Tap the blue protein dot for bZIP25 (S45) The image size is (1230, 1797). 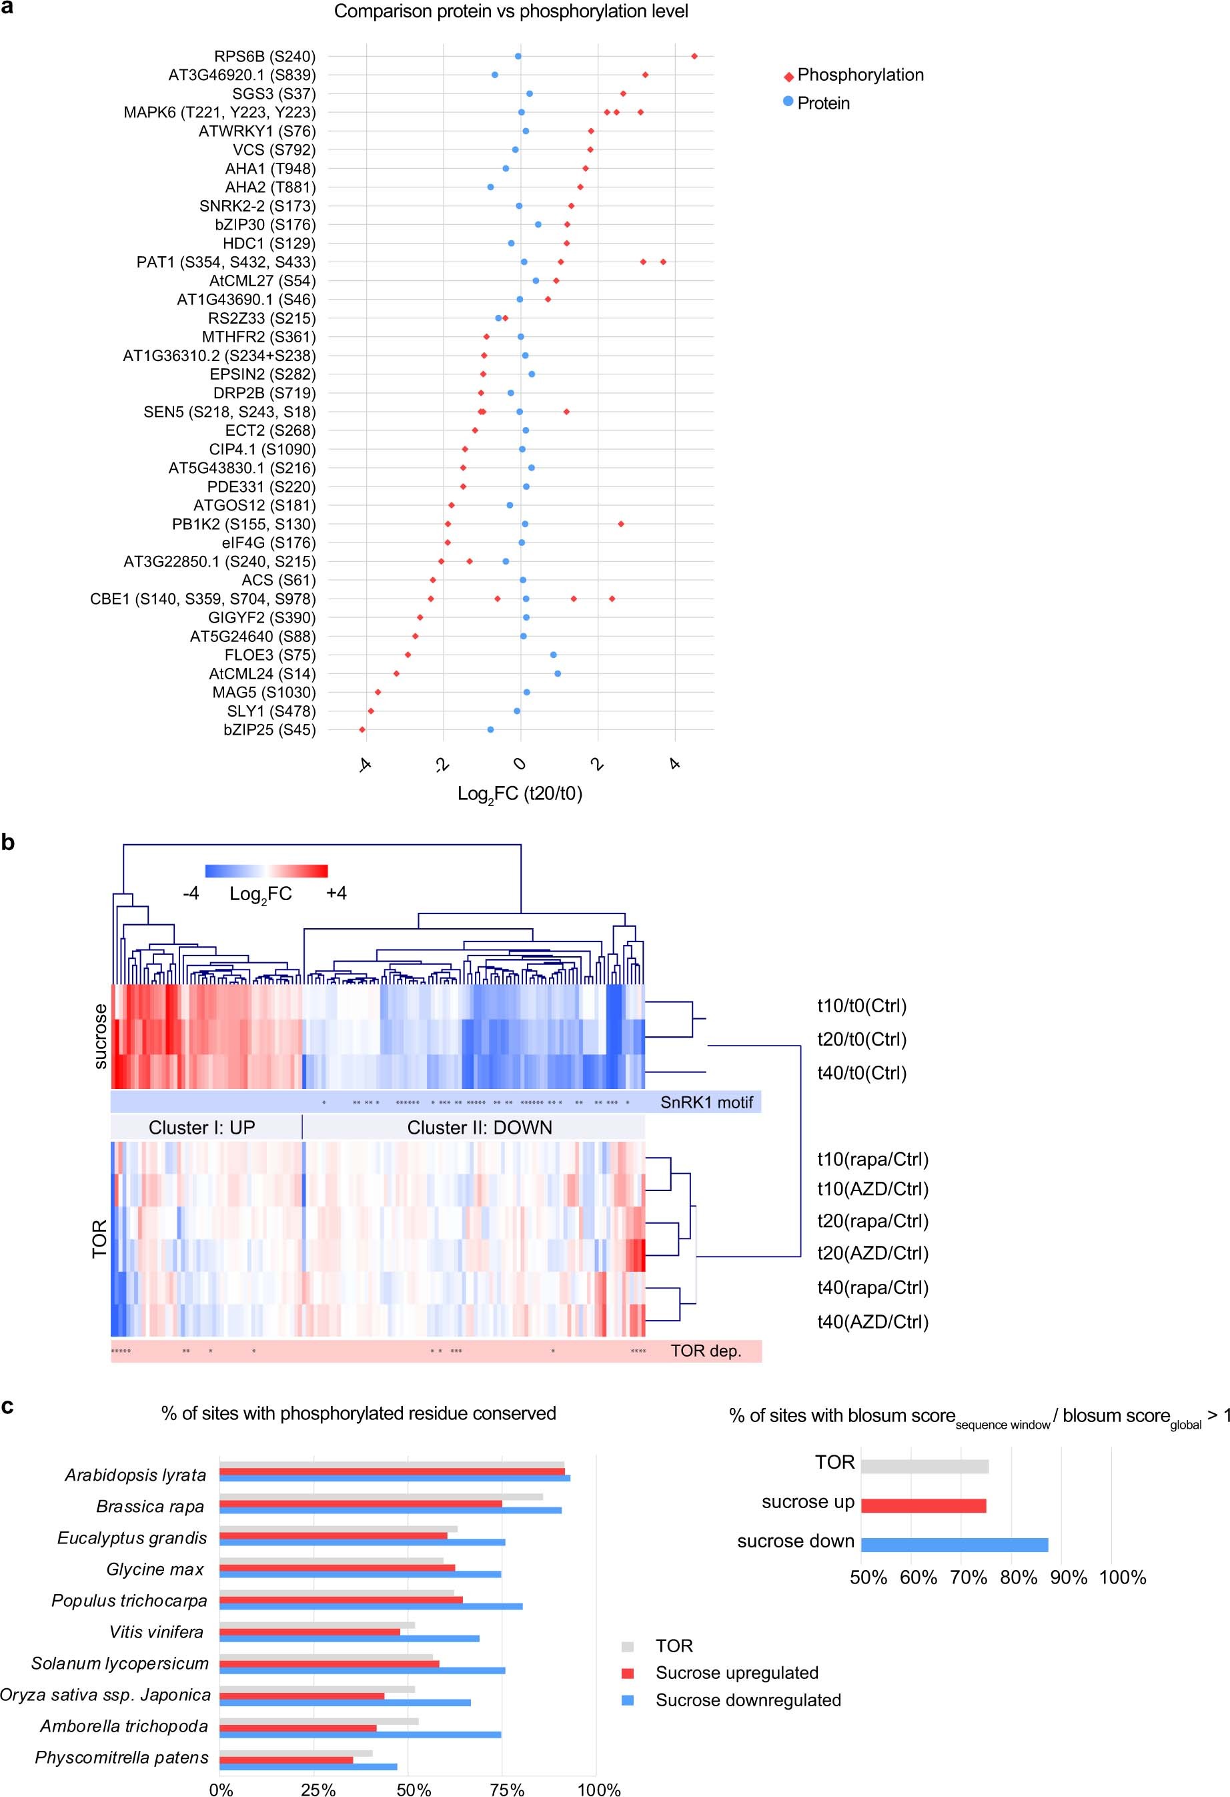(490, 729)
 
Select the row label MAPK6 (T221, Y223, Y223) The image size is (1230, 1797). (219, 113)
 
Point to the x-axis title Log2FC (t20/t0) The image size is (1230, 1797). (520, 793)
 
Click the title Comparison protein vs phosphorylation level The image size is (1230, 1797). (511, 11)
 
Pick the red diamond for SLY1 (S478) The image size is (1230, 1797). (371, 711)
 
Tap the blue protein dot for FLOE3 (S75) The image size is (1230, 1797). (554, 655)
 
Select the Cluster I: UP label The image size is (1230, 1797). (202, 1127)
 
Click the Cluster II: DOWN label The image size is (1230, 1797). (480, 1127)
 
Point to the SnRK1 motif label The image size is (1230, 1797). (706, 1102)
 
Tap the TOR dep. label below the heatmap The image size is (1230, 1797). (705, 1351)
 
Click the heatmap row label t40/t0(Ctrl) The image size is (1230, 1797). (861, 1072)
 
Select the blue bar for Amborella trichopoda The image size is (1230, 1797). (360, 1734)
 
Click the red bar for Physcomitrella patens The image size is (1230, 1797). (286, 1760)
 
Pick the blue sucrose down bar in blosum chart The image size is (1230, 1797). (954, 1545)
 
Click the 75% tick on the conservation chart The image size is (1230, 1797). (507, 1788)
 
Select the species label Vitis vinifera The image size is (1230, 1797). (156, 1632)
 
